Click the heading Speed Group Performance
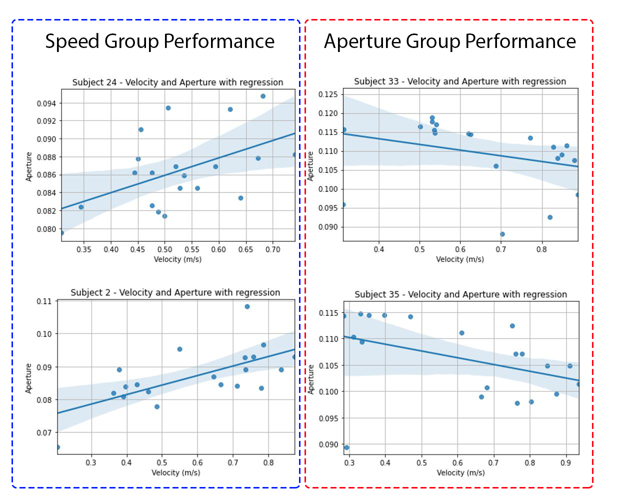[159, 41]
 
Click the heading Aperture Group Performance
[449, 41]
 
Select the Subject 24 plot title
[177, 82]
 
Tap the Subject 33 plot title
[460, 81]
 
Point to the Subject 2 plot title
[175, 292]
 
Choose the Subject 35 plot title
[460, 294]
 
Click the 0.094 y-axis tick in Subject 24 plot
[46, 103]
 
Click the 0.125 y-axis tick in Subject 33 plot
[328, 94]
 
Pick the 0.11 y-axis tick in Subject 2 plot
[44, 301]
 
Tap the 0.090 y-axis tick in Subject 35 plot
[328, 444]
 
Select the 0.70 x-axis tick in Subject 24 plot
[272, 249]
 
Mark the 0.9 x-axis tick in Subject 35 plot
[565, 463]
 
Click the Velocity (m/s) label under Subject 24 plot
[177, 259]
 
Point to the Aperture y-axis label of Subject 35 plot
[310, 379]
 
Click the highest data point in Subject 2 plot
[247, 306]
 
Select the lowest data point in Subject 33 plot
[502, 234]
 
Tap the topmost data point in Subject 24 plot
[263, 96]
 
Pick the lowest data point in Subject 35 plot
[346, 447]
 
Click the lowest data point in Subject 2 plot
[58, 447]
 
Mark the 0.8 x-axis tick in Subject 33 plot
[541, 249]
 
